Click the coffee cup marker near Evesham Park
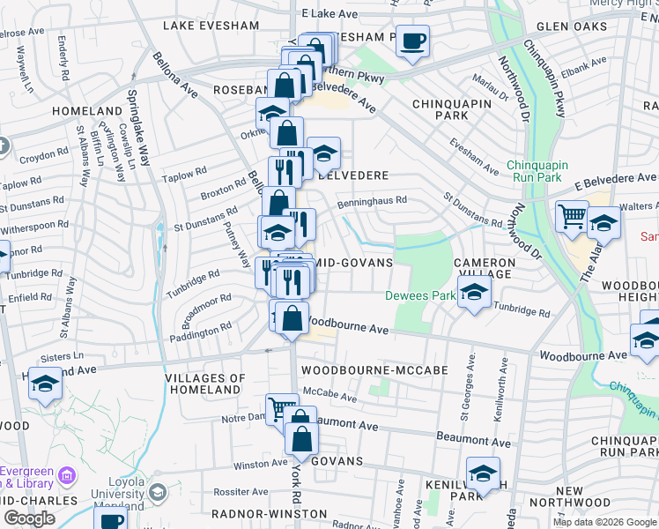pyautogui.click(x=412, y=41)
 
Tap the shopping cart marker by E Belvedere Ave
pyautogui.click(x=572, y=216)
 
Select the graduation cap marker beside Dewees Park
pyautogui.click(x=474, y=294)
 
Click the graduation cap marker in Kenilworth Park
pyautogui.click(x=483, y=473)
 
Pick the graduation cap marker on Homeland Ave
pyautogui.click(x=45, y=384)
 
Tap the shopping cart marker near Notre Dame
pyautogui.click(x=282, y=409)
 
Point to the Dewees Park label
pyautogui.click(x=419, y=295)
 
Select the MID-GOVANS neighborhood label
pyautogui.click(x=352, y=264)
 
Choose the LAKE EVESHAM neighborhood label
pyautogui.click(x=211, y=26)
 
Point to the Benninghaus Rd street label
pyautogui.click(x=372, y=200)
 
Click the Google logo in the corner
pyautogui.click(x=29, y=518)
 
